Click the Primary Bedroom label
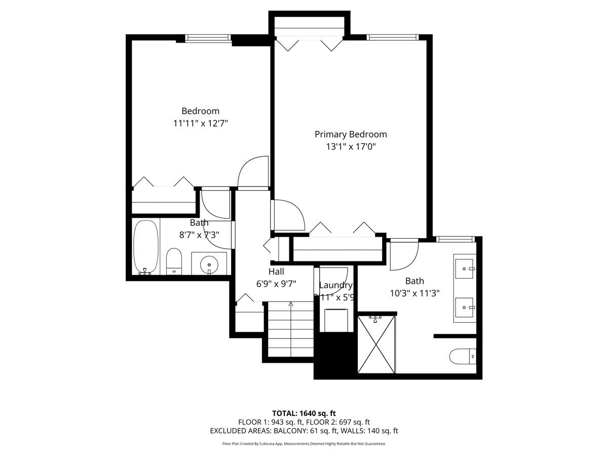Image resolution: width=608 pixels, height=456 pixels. coord(351,134)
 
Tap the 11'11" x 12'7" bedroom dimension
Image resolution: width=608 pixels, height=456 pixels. coord(201,123)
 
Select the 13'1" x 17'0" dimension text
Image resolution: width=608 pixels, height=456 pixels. coord(351,147)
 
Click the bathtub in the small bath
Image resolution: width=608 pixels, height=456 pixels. coord(146,247)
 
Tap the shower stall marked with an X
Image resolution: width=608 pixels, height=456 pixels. coord(376,344)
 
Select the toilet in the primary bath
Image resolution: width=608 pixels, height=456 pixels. coord(463,356)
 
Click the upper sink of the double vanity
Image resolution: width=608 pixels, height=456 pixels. coord(464,267)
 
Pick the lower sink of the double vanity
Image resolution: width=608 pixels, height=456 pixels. coord(464,306)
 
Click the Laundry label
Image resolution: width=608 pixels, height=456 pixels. coord(335,285)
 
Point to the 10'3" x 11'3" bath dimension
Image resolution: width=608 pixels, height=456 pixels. coord(414,293)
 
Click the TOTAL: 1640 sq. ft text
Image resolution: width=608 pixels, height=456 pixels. coord(303,412)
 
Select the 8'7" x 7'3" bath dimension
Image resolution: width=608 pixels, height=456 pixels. coord(199,235)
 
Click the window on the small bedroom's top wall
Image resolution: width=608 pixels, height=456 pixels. coord(208,37)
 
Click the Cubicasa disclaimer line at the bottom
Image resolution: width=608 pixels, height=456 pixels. coord(303,443)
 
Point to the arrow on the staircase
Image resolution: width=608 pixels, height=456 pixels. coord(291,305)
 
